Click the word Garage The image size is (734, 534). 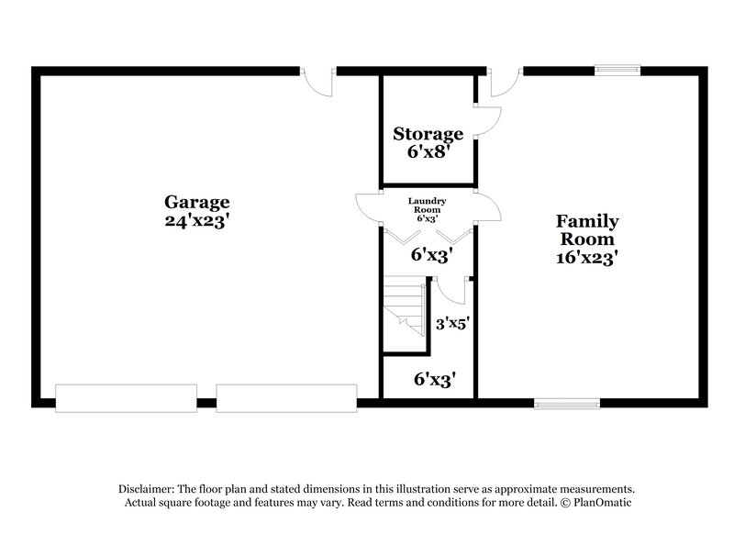pos(196,202)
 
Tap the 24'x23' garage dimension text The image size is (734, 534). pos(196,220)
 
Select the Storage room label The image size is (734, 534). pos(428,134)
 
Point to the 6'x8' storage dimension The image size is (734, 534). pos(428,152)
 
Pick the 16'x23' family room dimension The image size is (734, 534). pos(587,258)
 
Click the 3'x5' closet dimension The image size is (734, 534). pos(452,323)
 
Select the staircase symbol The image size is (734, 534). pos(405,310)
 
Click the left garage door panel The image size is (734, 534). pos(126,396)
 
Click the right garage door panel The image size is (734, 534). pos(286,396)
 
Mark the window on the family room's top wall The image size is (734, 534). pos(617,69)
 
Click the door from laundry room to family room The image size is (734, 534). pos(487,208)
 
